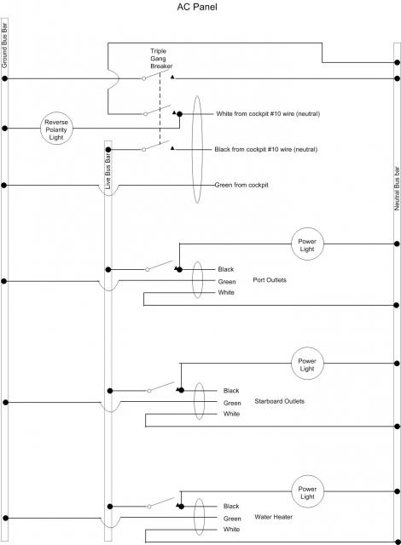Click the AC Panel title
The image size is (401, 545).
click(197, 7)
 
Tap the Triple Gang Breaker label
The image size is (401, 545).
click(161, 59)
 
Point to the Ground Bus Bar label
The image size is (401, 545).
click(4, 45)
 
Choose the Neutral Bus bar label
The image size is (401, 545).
click(397, 189)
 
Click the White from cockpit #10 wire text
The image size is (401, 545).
click(268, 113)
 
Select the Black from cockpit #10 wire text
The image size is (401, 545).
click(266, 150)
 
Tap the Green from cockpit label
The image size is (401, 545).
click(241, 185)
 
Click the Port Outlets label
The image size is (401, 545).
click(270, 280)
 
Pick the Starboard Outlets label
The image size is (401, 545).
click(280, 401)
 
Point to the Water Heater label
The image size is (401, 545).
click(273, 517)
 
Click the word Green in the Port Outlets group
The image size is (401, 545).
click(227, 282)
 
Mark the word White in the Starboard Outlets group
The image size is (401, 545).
click(231, 414)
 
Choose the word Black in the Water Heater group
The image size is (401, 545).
click(231, 506)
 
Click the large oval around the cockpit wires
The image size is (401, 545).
click(193, 150)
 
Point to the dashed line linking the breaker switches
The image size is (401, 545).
click(160, 108)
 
